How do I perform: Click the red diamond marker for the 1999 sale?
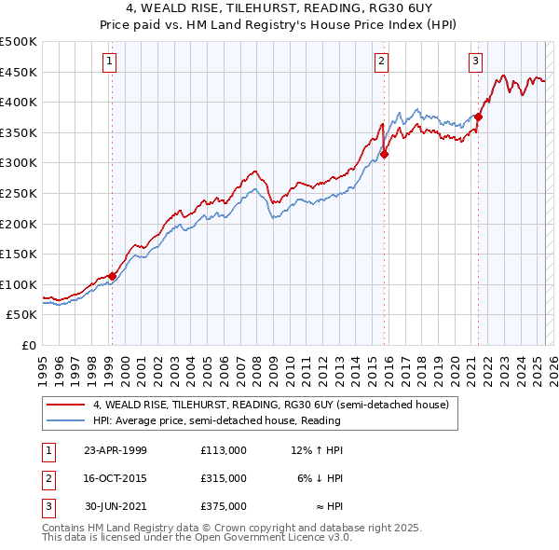(x=112, y=276)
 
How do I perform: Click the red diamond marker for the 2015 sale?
(x=384, y=155)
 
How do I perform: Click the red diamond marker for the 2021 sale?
(x=478, y=117)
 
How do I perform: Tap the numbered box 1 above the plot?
(x=109, y=62)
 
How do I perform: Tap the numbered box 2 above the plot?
(x=382, y=62)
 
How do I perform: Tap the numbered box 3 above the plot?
(x=475, y=62)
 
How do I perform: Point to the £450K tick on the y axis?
(x=20, y=73)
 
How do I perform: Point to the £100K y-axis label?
(x=20, y=284)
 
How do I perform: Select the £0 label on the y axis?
(x=29, y=345)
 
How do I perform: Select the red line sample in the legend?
(x=65, y=406)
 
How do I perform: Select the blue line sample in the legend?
(x=65, y=420)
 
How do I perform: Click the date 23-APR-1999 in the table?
(x=115, y=450)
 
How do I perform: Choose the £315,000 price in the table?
(x=223, y=478)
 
